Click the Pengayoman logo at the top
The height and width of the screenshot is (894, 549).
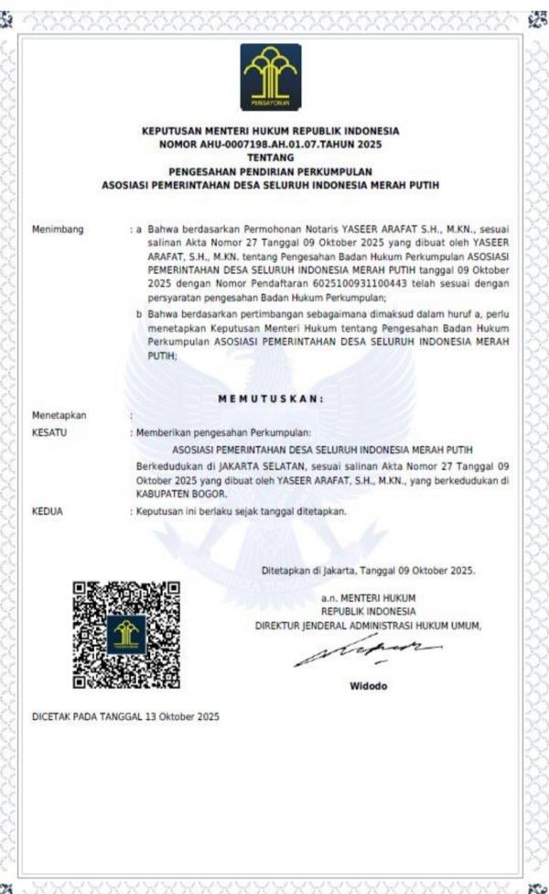(x=270, y=77)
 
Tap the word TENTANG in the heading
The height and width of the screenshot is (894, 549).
(x=270, y=158)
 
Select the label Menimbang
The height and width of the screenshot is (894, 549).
(x=58, y=229)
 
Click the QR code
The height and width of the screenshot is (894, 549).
(x=126, y=634)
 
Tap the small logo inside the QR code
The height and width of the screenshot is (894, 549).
(x=126, y=634)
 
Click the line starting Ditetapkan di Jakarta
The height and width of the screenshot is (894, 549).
(x=368, y=570)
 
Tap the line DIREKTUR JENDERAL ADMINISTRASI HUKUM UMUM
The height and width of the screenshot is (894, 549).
(x=368, y=626)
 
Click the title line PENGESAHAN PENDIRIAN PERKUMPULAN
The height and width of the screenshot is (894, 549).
(x=270, y=170)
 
